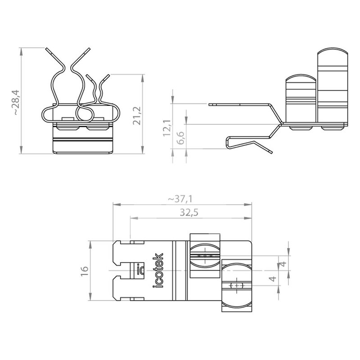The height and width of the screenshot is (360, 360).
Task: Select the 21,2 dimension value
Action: coord(137,116)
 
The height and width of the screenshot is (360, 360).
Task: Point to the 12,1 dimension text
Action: coord(167,128)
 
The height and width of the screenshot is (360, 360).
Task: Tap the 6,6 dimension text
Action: coord(181,138)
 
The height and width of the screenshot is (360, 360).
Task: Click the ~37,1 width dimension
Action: coord(180,199)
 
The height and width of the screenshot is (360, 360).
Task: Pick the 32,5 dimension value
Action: coord(189,212)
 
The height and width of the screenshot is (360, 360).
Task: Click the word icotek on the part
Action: coord(158,270)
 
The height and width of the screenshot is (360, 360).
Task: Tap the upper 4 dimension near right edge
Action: coord(284,264)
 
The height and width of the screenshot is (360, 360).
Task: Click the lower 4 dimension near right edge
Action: coord(273,279)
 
